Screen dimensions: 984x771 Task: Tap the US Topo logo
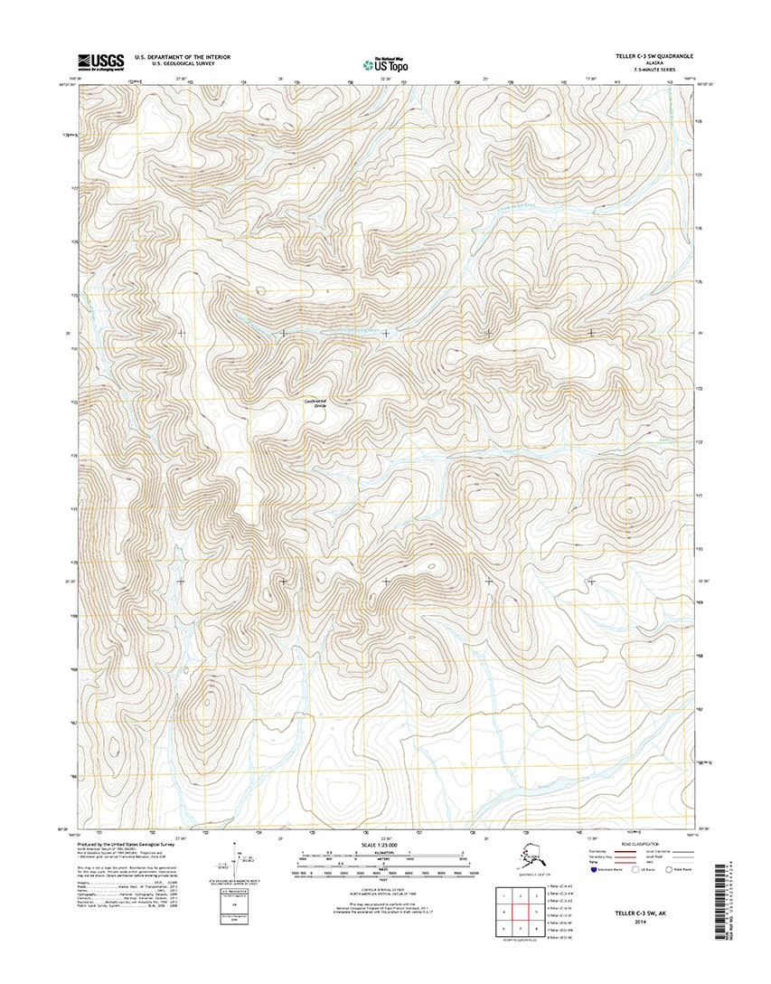click(384, 63)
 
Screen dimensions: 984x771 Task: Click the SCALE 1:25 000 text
click(385, 847)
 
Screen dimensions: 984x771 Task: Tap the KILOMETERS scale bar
click(385, 854)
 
